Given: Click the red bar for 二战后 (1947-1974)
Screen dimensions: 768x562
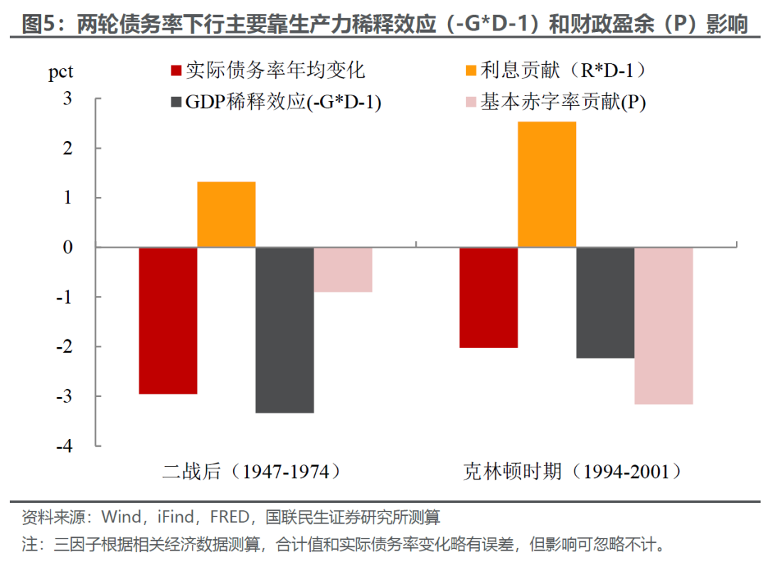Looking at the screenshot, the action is (x=168, y=320).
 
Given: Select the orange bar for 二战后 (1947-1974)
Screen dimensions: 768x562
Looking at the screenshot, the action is (x=226, y=214).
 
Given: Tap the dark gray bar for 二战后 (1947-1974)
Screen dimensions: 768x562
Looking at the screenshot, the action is (x=284, y=330).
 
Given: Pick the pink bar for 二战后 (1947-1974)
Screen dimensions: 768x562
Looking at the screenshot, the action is (x=343, y=270).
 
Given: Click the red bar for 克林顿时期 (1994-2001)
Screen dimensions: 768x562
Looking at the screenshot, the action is (x=489, y=297).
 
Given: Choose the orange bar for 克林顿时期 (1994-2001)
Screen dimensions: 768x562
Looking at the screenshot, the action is (x=547, y=184).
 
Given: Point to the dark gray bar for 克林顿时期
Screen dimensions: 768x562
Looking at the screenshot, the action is (x=605, y=303).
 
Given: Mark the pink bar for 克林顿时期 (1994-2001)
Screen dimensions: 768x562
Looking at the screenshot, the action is (x=663, y=326).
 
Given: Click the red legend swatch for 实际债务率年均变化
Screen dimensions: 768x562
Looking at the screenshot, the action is (x=176, y=71).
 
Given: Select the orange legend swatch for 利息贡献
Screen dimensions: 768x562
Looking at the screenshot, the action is (x=471, y=71).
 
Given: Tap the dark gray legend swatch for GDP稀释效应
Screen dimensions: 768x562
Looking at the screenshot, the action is (x=176, y=102).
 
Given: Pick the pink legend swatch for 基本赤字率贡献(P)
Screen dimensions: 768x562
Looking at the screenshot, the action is (x=471, y=102).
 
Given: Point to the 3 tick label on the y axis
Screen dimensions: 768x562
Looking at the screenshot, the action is (x=68, y=98).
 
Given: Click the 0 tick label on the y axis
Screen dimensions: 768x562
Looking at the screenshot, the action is (x=68, y=248).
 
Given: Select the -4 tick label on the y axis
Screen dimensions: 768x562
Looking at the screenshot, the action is (x=64, y=446).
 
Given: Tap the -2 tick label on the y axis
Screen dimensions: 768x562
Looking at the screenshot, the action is (x=64, y=346).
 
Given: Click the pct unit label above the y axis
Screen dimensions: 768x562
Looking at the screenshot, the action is (x=60, y=72).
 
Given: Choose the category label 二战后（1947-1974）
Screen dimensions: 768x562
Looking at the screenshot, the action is (x=252, y=472).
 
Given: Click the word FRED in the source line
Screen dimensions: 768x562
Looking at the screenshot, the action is (x=229, y=517).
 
